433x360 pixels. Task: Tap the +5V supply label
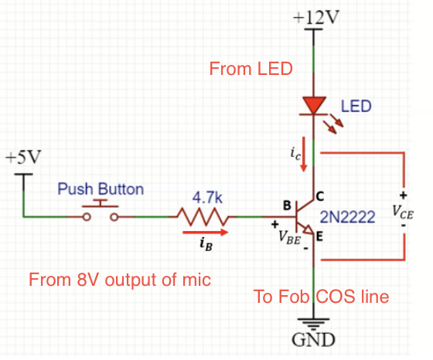point(23,158)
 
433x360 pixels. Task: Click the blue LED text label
point(356,106)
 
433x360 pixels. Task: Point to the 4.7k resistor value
point(207,198)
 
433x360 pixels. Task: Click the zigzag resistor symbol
point(203,217)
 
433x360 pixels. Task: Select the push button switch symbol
point(101,210)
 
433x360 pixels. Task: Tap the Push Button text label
point(101,189)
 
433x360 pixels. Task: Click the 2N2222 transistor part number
point(347,217)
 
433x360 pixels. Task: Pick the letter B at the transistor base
point(287,205)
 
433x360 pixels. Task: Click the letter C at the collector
point(320,196)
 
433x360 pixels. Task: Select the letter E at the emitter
point(319,236)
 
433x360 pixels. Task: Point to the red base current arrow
point(206,232)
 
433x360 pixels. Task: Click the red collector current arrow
point(304,154)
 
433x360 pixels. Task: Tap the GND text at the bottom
point(313,340)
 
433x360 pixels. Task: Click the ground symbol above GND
point(313,324)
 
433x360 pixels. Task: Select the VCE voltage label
point(403,212)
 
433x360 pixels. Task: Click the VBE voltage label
point(289,237)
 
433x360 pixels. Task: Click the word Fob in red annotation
point(294,297)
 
